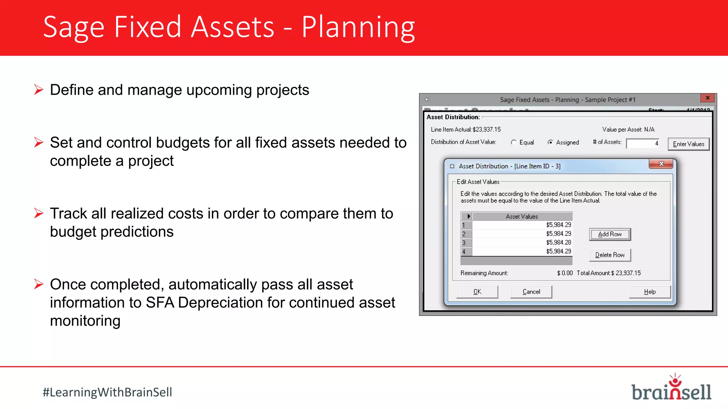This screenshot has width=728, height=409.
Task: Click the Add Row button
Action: pos(610,234)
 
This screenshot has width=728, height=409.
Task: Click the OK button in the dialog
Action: pos(477,292)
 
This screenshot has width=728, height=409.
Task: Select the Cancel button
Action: pos(531,292)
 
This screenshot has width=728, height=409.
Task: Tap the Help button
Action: pos(649,292)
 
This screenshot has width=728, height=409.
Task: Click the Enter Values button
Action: pos(688,144)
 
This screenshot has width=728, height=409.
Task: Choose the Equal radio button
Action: pos(514,142)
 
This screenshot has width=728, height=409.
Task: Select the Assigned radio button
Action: pos(550,142)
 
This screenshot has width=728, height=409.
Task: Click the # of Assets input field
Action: pos(642,143)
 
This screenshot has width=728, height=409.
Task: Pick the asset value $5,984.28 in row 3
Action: pos(558,242)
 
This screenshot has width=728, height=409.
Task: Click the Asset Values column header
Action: pos(521,217)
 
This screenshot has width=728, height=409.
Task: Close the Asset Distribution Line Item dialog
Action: pos(661,164)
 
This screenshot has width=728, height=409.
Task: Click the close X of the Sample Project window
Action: pos(707,98)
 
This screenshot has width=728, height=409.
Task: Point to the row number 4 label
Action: pos(464,252)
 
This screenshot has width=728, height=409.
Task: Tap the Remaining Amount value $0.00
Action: pos(565,273)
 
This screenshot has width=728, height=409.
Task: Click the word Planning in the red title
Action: pos(358,28)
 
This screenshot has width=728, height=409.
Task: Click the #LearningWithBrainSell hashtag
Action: pos(107,392)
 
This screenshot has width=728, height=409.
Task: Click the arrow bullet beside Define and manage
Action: pos(39,89)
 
